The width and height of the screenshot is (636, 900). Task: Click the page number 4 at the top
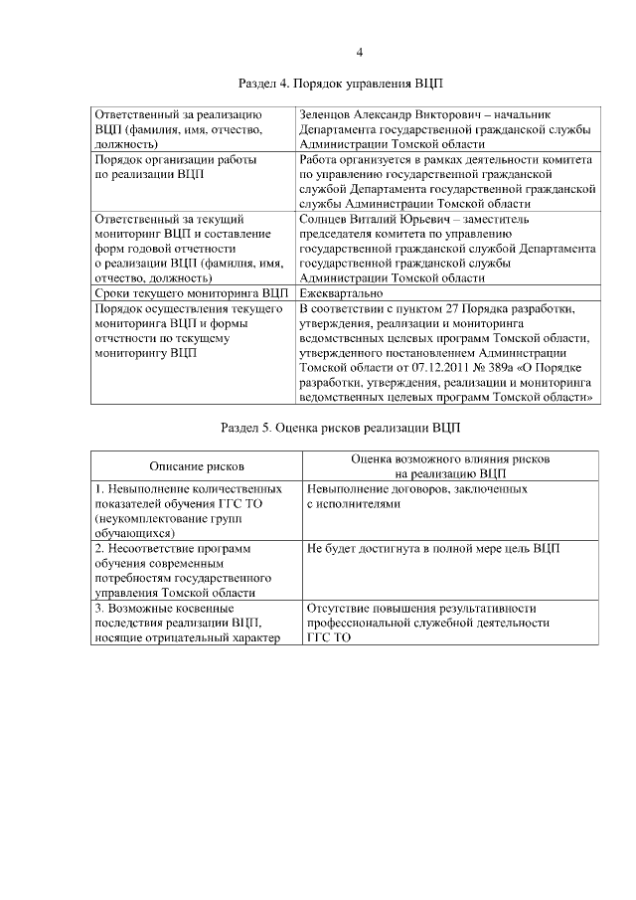point(360,53)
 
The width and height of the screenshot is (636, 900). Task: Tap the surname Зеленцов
point(333,115)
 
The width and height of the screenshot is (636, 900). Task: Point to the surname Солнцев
point(328,220)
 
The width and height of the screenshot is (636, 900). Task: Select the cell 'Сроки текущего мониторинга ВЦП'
point(190,294)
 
